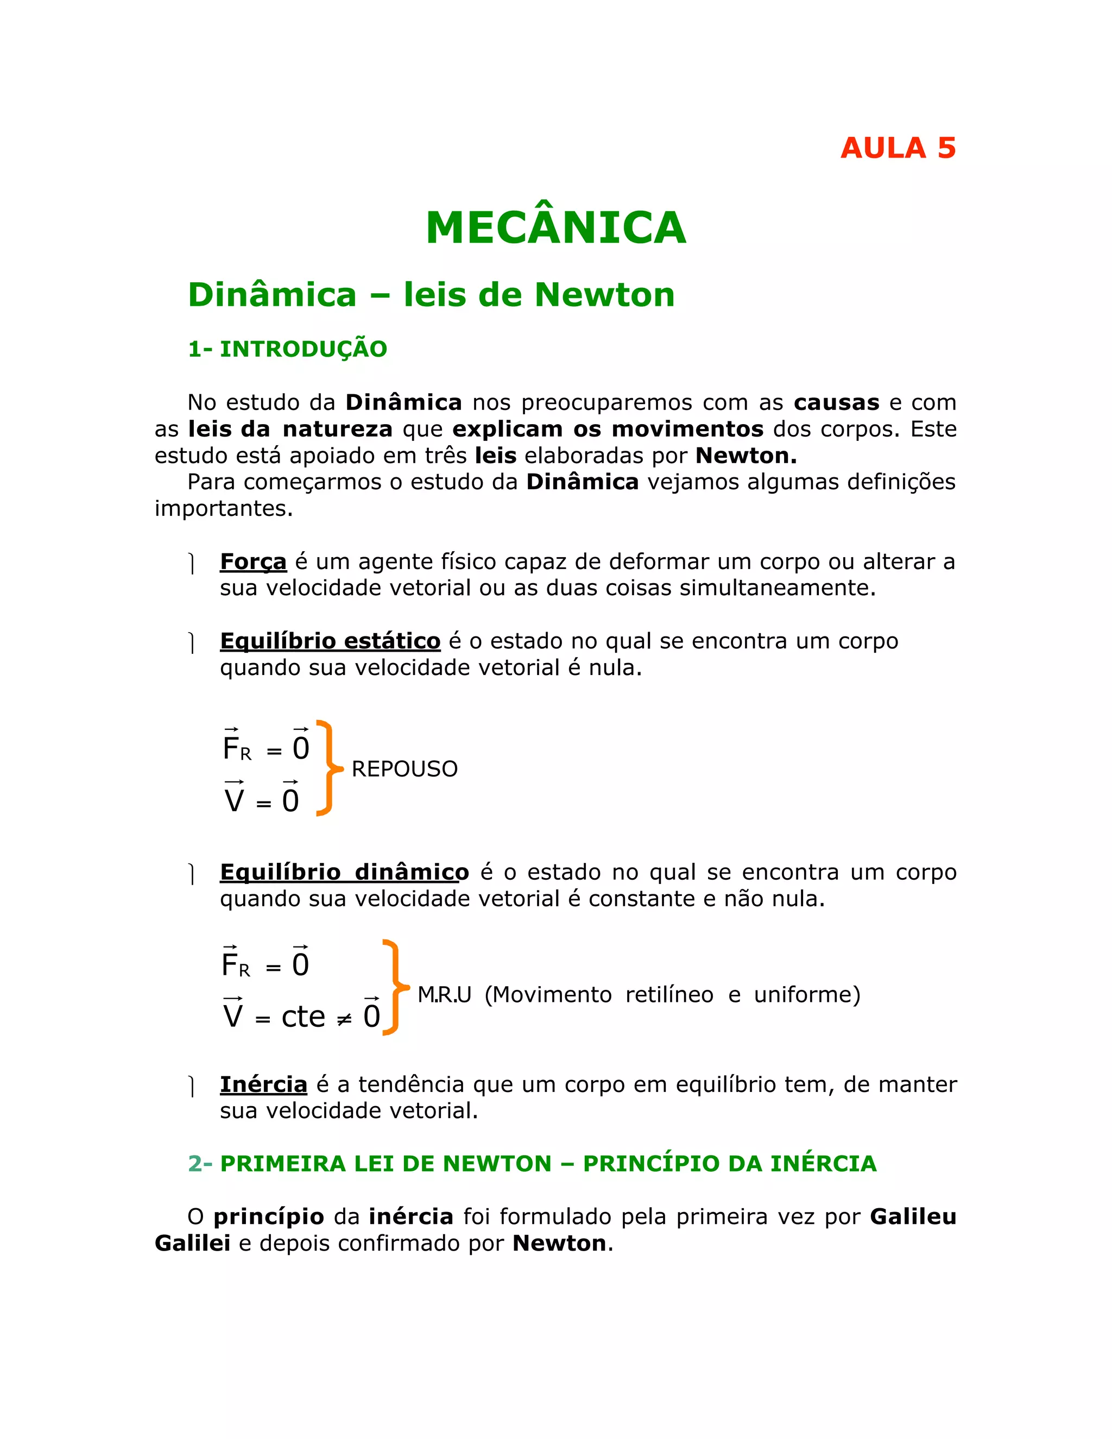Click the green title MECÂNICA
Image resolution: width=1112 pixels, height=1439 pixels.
556,228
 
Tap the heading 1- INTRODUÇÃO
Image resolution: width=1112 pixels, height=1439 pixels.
287,349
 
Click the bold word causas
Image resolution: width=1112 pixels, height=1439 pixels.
836,402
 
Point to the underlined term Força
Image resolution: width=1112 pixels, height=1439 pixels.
253,561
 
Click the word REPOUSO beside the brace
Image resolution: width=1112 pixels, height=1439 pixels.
405,769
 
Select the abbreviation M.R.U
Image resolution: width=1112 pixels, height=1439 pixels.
444,994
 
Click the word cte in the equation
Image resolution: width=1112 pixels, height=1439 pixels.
303,1017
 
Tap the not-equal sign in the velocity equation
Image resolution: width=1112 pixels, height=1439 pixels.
344,1019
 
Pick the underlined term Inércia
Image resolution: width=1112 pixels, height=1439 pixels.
263,1084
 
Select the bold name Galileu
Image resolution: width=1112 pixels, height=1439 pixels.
912,1216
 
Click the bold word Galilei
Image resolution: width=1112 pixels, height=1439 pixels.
192,1244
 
